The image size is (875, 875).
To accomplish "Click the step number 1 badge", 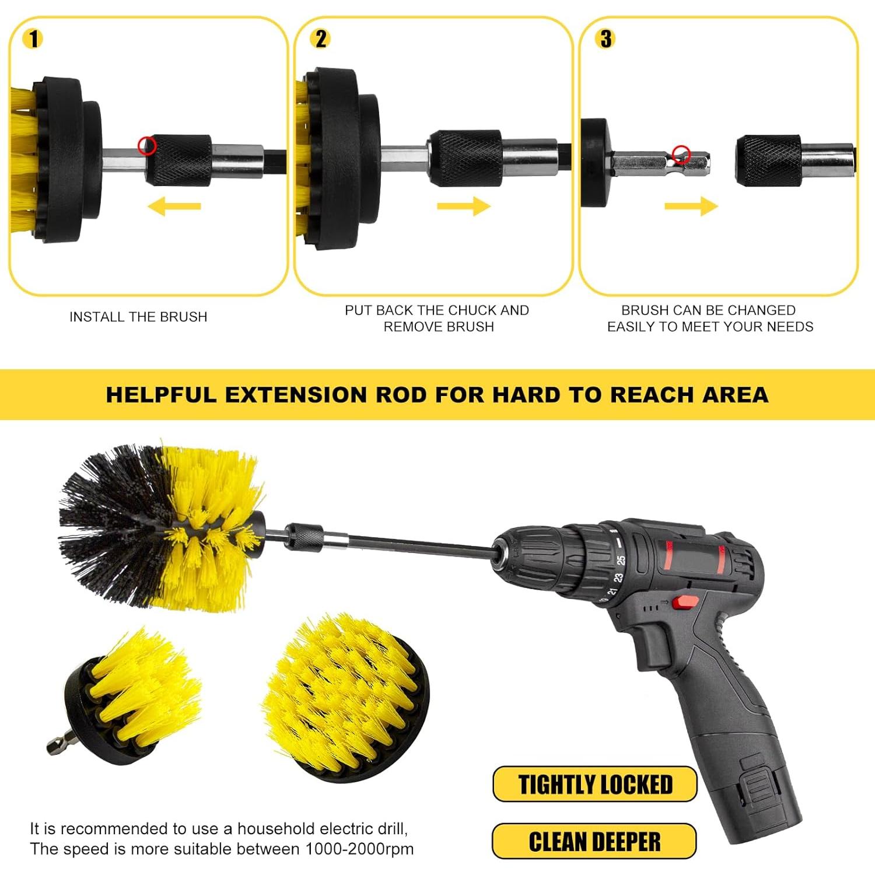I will coord(33,38).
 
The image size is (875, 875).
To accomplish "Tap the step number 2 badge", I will coord(321,38).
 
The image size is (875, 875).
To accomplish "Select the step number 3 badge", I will coord(606,38).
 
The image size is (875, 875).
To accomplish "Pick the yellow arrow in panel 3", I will coord(691,206).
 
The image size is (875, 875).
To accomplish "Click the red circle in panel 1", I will coord(146,145).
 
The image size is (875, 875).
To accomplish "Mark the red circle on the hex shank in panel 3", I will coord(681,155).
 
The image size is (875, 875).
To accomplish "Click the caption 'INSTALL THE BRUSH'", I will coord(138,317).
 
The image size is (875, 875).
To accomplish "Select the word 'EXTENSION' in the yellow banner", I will coord(297,395).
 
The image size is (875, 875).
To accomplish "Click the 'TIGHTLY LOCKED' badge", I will coord(595,785).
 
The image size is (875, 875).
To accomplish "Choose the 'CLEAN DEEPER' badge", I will coord(594,842).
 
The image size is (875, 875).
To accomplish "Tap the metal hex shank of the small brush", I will coord(57,744).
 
